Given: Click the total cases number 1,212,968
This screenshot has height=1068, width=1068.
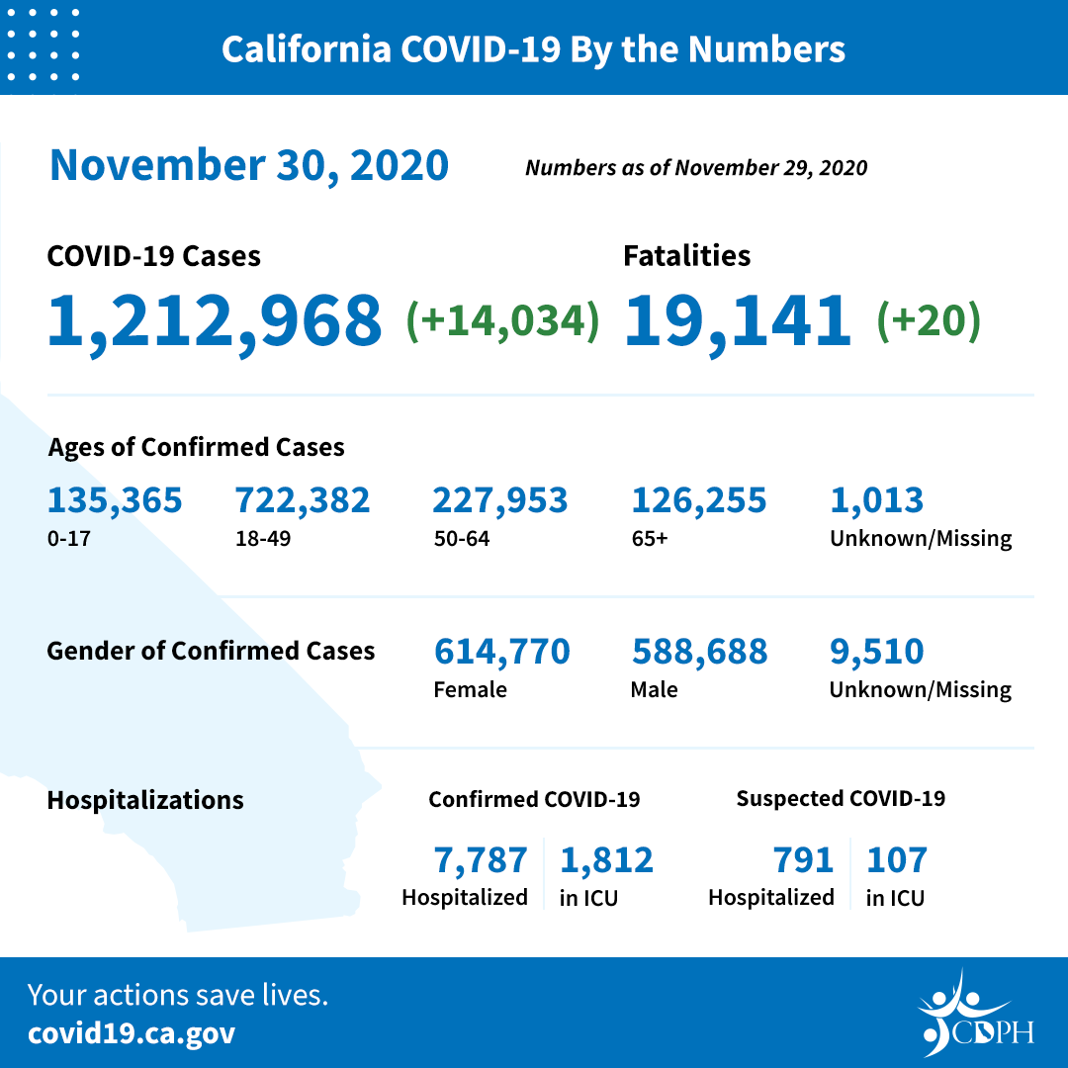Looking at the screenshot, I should tap(215, 321).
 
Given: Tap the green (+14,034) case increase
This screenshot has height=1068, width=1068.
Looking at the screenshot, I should tap(503, 321).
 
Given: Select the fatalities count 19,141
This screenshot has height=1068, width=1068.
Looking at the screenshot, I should tap(738, 321).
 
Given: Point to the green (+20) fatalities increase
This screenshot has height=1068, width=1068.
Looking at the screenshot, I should tap(929, 321).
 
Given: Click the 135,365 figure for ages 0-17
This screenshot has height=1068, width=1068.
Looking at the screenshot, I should tap(115, 500).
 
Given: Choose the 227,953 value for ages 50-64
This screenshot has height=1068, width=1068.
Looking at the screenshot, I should tap(500, 500).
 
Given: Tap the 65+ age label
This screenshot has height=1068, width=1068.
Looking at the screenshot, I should tap(650, 539).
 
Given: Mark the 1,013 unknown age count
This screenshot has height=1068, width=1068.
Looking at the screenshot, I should tap(877, 500).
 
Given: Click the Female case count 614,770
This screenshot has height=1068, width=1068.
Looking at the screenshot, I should tap(502, 652).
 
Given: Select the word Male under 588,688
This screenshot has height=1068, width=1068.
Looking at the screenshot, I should tap(655, 689).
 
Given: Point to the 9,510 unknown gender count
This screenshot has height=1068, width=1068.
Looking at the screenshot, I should tap(877, 652).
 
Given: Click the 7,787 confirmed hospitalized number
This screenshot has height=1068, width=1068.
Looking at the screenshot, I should tap(481, 860).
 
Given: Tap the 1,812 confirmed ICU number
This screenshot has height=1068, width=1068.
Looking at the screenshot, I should tap(607, 860).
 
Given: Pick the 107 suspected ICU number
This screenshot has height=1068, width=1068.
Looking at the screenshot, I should tap(897, 860).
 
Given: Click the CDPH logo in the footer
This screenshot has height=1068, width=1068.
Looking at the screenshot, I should tap(976, 1015).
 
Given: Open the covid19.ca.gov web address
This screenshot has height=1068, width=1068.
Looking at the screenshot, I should tap(132, 1033).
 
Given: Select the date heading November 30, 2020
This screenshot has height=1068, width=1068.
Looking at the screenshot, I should tap(249, 165).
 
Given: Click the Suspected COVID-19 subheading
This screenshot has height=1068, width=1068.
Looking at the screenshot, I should tap(841, 799).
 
